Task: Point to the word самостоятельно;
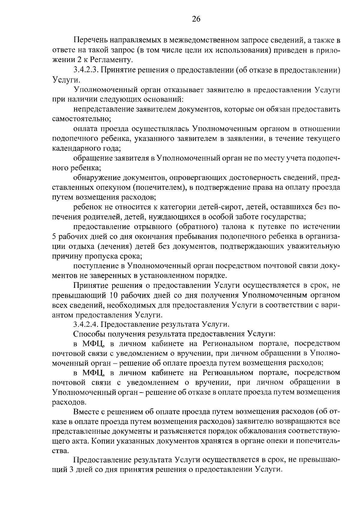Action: pos(82,119)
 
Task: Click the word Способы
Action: pos(87,334)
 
